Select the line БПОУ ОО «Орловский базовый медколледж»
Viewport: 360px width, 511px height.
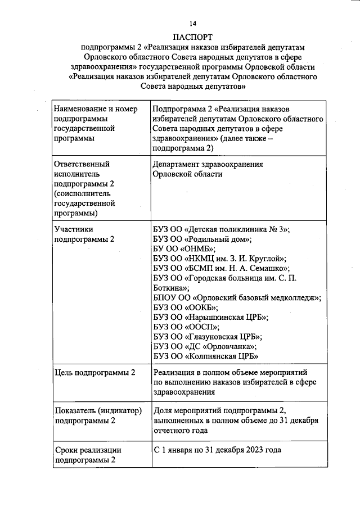237,298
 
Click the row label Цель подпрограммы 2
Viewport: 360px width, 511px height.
94,373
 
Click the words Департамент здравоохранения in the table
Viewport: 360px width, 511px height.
208,164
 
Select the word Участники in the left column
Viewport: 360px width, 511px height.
73,229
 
